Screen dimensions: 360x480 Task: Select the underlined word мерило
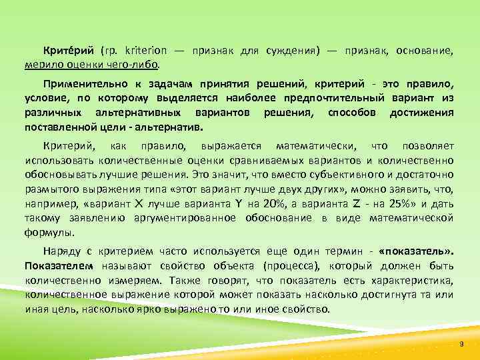(x=41, y=65)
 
